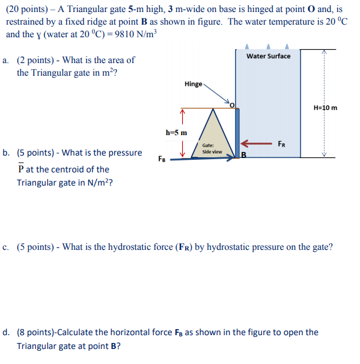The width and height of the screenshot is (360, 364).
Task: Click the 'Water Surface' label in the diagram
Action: click(268, 56)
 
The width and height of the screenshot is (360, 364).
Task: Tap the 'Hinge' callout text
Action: click(194, 83)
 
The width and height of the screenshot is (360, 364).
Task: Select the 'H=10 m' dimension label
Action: click(325, 108)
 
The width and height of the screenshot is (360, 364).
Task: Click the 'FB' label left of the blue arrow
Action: click(162, 160)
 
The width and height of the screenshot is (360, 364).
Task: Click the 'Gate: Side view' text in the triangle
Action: click(212, 148)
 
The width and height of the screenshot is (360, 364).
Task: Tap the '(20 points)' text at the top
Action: click(28, 9)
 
